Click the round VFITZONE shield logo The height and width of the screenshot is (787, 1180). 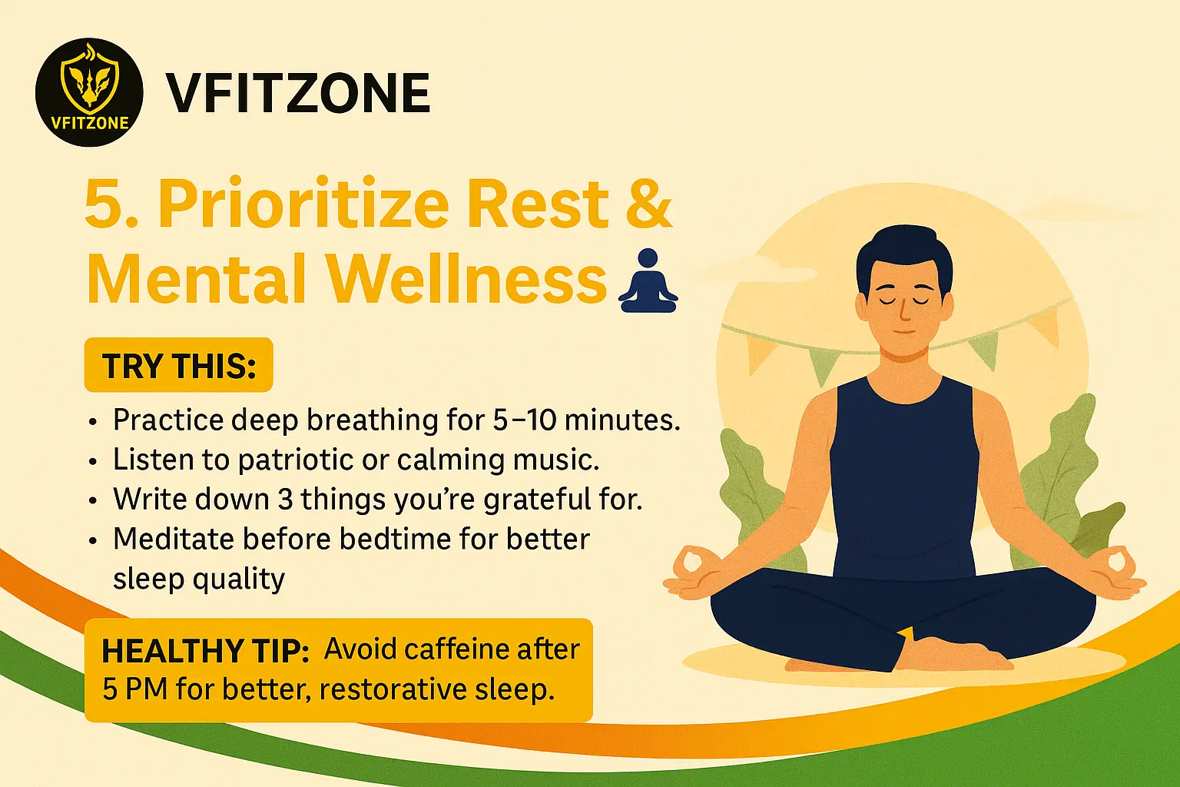89,92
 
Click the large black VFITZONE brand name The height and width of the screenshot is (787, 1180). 298,93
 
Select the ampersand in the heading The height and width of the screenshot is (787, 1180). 648,203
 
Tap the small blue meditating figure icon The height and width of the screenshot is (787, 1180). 648,281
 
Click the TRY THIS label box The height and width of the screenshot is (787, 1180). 178,365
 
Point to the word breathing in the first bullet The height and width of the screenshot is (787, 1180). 372,421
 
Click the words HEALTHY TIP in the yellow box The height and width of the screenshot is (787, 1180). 205,651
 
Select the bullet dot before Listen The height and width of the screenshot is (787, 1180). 93,462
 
